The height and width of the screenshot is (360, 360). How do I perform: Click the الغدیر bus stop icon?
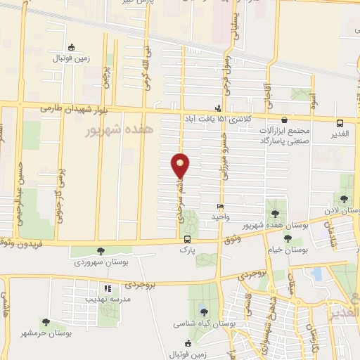[x=340, y=121]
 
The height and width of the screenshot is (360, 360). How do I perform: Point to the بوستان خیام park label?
[x=285, y=250]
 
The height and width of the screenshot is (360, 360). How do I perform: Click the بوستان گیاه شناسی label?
[x=203, y=324]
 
